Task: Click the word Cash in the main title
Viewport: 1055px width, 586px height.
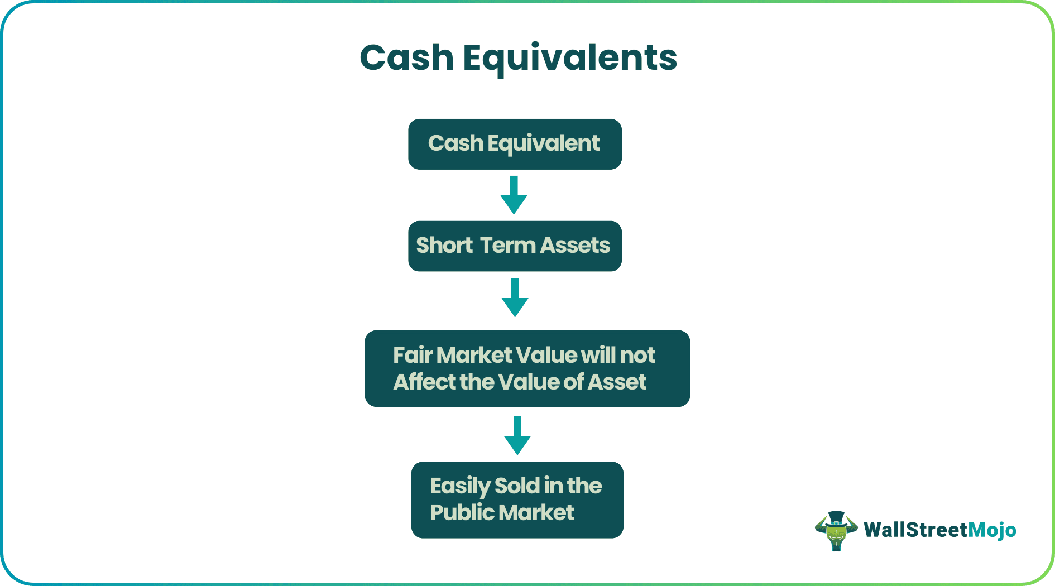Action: pyautogui.click(x=406, y=58)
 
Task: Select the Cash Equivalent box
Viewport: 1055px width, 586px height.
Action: pyautogui.click(x=515, y=144)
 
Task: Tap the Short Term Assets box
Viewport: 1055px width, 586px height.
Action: pyautogui.click(x=515, y=246)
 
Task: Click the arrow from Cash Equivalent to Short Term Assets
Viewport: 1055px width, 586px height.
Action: pyautogui.click(x=514, y=195)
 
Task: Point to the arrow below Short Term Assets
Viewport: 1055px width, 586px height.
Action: pyautogui.click(x=515, y=298)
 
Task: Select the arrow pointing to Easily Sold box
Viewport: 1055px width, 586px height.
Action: pyautogui.click(x=517, y=436)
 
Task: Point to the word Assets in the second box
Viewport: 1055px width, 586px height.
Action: pyautogui.click(x=575, y=246)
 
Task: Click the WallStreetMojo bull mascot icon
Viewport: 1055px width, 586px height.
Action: pyautogui.click(x=836, y=530)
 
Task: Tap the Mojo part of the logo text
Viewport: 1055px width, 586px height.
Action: pyautogui.click(x=992, y=530)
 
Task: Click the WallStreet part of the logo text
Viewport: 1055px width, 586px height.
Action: pyautogui.click(x=915, y=530)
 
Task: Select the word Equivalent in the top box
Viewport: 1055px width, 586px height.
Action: pyautogui.click(x=543, y=144)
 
